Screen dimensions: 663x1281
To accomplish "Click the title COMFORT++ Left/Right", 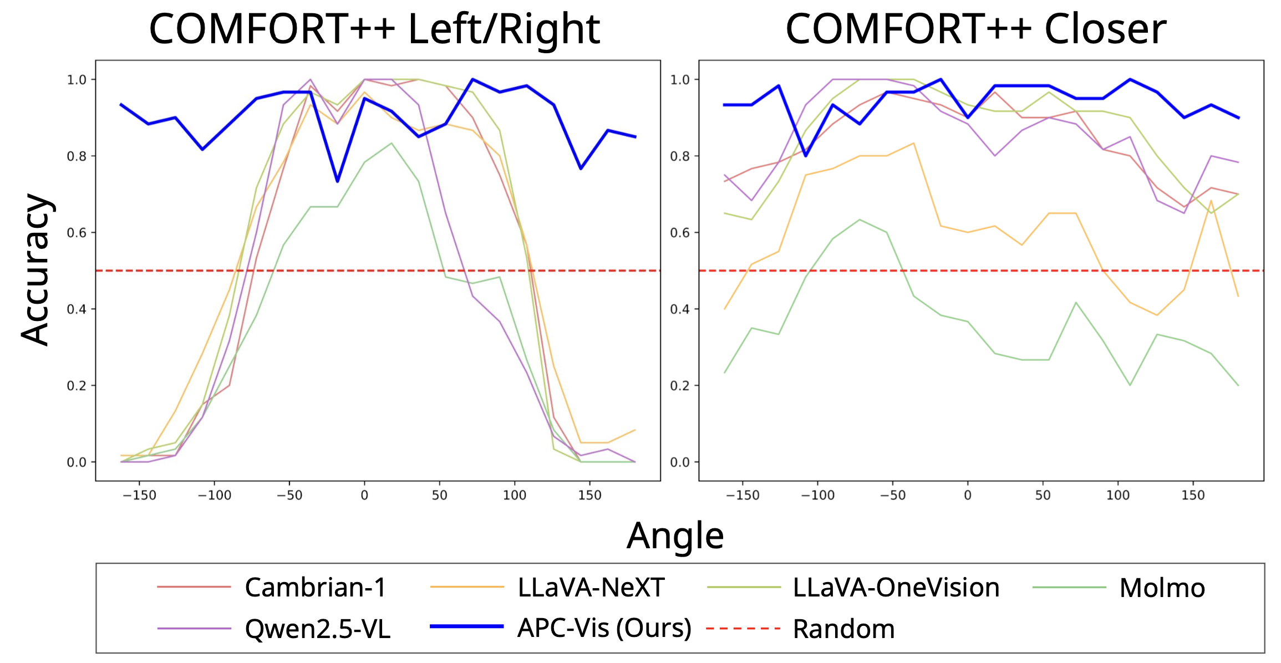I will [374, 29].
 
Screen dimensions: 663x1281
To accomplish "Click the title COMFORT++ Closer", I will [975, 29].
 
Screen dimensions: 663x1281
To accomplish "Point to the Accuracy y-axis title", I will [35, 270].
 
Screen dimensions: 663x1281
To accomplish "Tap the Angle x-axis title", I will [675, 535].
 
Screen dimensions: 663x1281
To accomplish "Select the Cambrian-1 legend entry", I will [315, 587].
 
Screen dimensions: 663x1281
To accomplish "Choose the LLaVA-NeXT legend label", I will [591, 587].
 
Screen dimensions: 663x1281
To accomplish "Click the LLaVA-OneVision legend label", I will [896, 587].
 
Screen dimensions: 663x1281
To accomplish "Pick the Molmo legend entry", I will [1162, 588].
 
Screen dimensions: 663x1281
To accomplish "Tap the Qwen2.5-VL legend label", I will [317, 629].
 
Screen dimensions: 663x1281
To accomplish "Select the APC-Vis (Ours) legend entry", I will [604, 628].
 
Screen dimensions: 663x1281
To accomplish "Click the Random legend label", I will [843, 629].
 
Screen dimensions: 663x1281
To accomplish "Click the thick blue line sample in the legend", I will [466, 626].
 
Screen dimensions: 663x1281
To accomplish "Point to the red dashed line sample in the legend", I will [743, 628].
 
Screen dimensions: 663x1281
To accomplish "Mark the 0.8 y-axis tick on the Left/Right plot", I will [77, 156].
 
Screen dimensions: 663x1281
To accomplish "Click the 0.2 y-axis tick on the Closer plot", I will [680, 386].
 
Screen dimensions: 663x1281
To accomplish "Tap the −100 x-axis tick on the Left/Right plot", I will [214, 495].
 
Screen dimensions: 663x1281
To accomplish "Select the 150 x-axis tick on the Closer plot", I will [1193, 495].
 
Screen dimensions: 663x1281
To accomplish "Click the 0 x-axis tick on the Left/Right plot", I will [364, 495].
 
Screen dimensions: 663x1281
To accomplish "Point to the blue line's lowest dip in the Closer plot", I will [806, 156].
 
